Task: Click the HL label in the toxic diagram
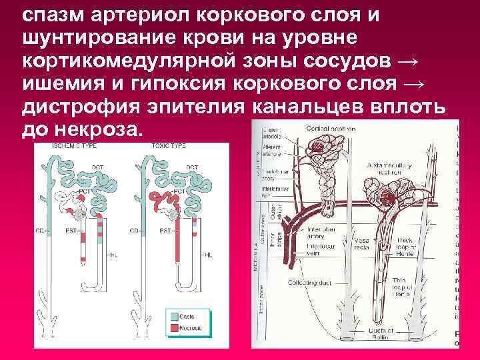[208, 255]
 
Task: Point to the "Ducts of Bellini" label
[383, 333]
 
